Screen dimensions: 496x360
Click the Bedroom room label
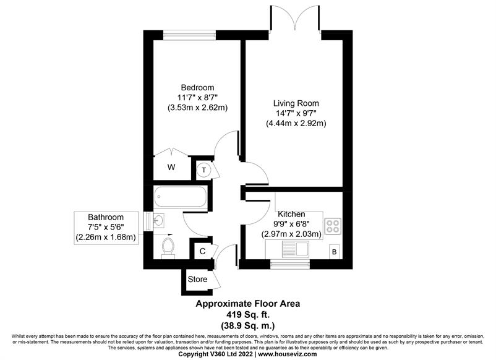[197, 88]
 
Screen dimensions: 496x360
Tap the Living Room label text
[296, 103]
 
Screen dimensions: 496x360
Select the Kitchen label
[291, 214]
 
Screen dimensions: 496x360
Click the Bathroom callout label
[106, 217]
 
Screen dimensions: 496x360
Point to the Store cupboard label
[197, 280]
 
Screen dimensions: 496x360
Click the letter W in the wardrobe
[171, 167]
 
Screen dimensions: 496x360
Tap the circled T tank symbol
[203, 170]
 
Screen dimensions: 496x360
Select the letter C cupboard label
[202, 251]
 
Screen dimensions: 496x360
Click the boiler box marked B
[335, 252]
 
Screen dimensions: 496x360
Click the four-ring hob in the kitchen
[333, 226]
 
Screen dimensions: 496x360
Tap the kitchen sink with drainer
[296, 249]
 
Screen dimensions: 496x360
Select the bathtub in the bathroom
[181, 197]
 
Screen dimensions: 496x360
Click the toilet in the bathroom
[168, 248]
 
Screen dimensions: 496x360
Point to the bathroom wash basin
[158, 220]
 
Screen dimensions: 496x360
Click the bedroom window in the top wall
[190, 35]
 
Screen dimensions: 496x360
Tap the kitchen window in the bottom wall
[290, 264]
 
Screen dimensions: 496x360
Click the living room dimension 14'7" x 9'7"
[296, 113]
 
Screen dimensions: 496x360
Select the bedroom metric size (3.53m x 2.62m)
[197, 108]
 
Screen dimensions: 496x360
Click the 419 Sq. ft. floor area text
[247, 315]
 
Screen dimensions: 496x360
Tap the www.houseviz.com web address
[288, 354]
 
